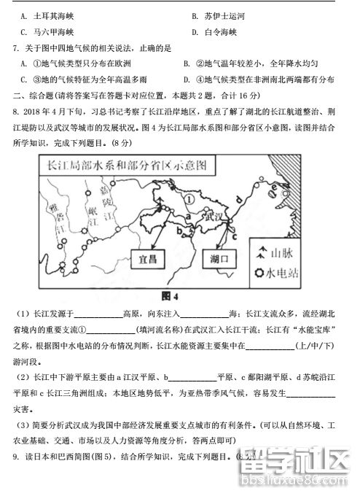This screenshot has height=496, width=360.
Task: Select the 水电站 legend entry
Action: click(287, 274)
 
